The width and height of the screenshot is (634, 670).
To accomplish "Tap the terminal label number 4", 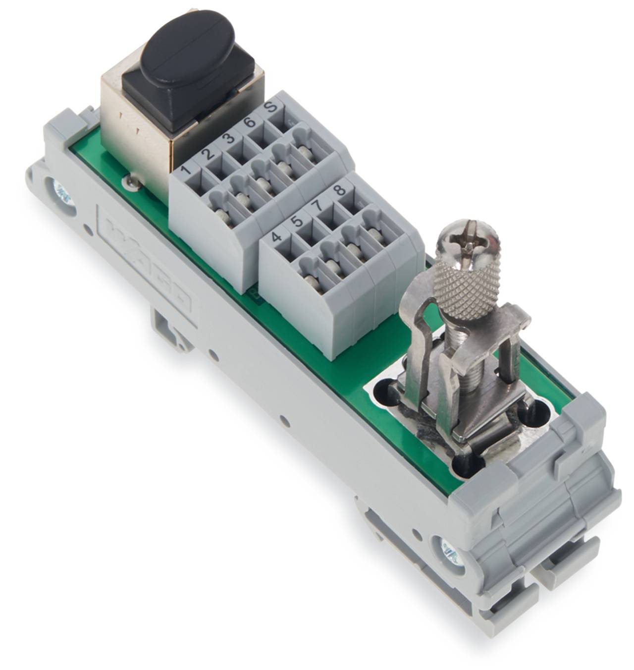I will pos(277,236).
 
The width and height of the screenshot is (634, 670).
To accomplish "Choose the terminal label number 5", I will pos(297,220).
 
